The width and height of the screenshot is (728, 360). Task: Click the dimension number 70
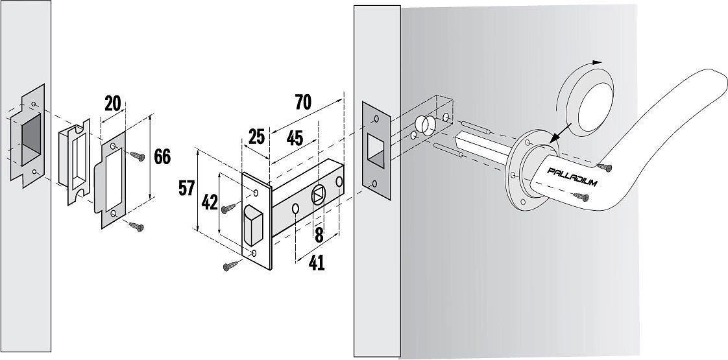point(303,102)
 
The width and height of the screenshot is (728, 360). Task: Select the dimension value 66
point(162,157)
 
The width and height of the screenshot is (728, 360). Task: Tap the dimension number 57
point(187,188)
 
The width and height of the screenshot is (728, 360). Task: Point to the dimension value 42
point(210,202)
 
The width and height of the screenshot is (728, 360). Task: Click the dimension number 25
point(256,137)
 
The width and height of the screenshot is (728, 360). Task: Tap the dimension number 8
point(319,235)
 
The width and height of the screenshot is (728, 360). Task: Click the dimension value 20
point(114,104)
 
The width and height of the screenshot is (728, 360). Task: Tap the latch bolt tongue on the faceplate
point(253,224)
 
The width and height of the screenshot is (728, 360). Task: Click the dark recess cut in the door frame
point(31,141)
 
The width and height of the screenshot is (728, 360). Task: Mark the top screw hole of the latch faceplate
point(255,193)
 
